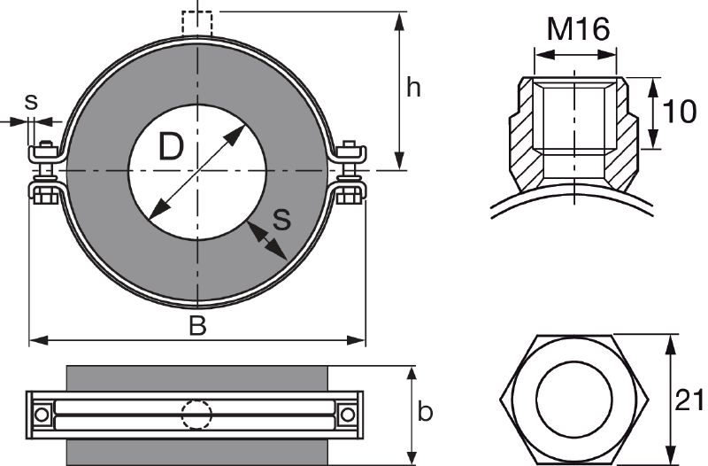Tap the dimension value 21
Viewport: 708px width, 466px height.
click(x=690, y=400)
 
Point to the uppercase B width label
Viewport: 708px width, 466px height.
click(x=197, y=326)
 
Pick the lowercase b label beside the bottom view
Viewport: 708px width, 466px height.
click(x=426, y=412)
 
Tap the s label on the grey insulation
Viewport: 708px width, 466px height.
click(x=281, y=218)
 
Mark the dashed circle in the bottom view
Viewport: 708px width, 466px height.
click(x=196, y=414)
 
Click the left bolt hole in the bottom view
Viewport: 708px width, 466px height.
click(x=42, y=414)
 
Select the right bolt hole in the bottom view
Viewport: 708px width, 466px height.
click(x=348, y=414)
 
